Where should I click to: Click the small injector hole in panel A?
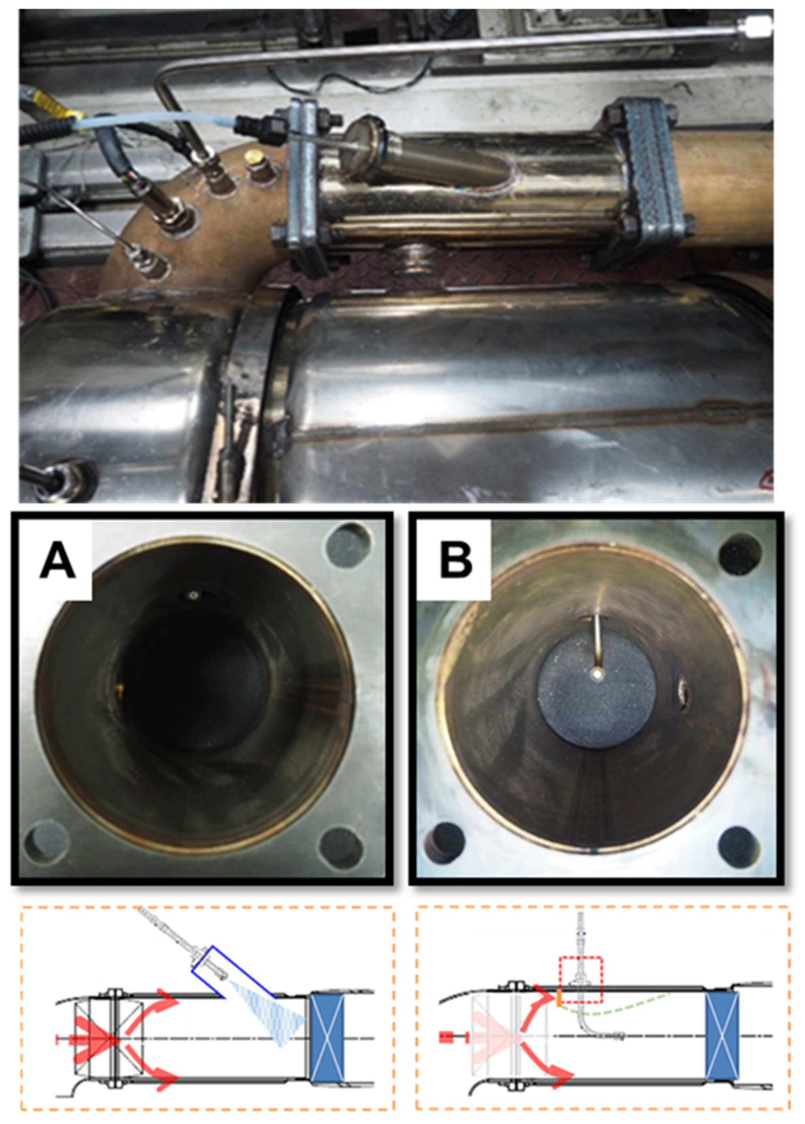[192, 595]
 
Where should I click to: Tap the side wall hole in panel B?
[685, 690]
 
